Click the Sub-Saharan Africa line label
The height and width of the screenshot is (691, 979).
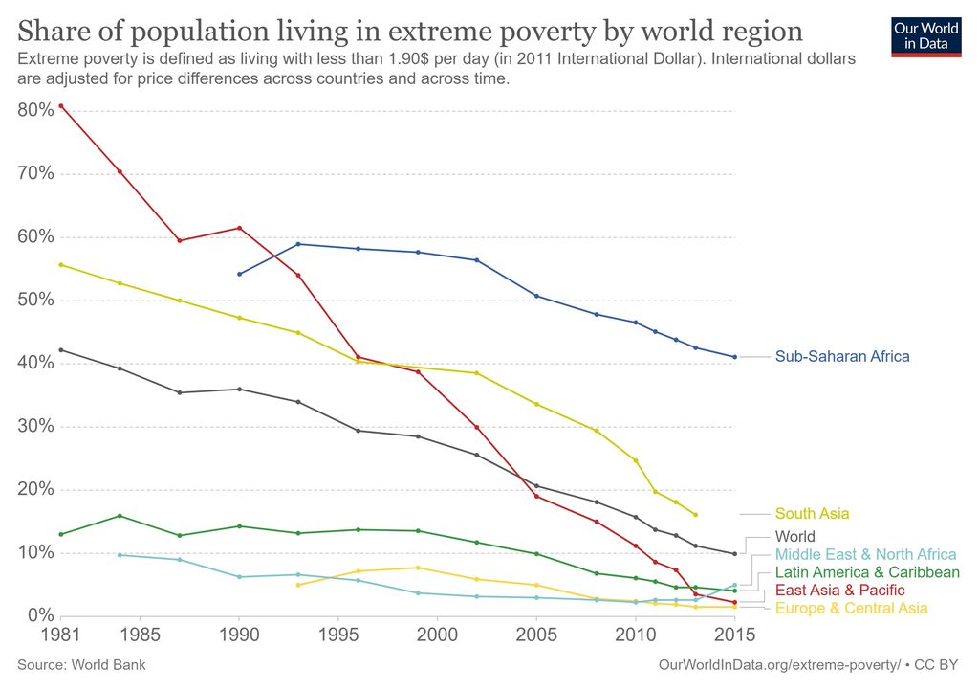tap(842, 356)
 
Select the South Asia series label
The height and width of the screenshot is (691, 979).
tap(812, 514)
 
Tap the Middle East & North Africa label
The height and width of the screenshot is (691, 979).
tap(865, 554)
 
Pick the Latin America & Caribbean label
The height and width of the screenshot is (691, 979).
tap(867, 572)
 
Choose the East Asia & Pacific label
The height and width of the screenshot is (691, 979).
tap(839, 590)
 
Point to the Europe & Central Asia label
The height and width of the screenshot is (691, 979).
tap(851, 608)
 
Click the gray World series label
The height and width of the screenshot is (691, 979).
tap(794, 537)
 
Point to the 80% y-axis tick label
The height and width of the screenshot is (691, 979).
tap(35, 110)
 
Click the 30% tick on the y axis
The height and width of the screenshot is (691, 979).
tap(35, 426)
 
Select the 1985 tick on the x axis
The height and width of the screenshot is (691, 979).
tap(140, 635)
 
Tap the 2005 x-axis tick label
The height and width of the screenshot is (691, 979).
tap(536, 635)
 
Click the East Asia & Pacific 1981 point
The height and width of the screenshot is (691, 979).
tap(60, 105)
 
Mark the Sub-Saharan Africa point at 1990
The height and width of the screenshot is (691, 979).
tap(239, 274)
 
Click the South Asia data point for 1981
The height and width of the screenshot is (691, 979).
tap(60, 264)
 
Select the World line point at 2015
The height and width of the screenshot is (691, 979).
tap(734, 553)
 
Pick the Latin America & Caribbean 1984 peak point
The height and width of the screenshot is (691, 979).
tap(120, 516)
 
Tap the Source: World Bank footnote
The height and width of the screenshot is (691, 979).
tap(82, 664)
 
